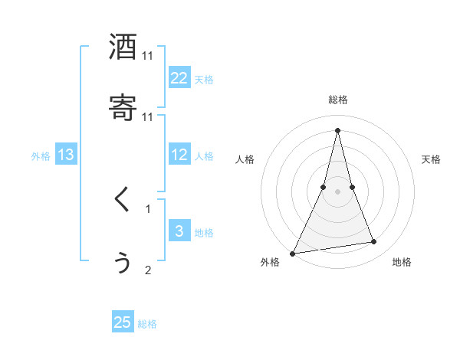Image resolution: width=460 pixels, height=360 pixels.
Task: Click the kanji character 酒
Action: pos(123,47)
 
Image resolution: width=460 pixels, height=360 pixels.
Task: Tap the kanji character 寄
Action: pos(123,108)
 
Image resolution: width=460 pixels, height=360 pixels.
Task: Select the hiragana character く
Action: pos(123,201)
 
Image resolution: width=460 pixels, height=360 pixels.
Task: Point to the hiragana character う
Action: pos(123,262)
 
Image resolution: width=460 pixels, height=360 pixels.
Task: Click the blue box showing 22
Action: pos(179,78)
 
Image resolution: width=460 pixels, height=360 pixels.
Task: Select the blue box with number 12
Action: pos(179,155)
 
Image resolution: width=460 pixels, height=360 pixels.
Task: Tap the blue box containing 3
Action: pos(179,231)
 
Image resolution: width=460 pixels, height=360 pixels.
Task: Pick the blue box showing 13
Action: pos(66,155)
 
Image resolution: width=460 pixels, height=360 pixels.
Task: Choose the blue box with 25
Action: pos(123,322)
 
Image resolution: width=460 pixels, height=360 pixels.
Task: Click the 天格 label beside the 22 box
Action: pos(204,80)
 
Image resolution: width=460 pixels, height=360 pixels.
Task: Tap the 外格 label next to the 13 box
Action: pos(41,156)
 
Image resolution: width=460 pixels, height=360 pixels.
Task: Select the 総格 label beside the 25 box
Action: pos(147,324)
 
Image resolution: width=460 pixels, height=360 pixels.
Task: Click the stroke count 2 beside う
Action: pos(148,270)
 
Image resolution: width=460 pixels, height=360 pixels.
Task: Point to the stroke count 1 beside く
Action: pos(148,208)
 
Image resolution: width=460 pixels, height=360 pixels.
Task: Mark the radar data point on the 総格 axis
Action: pos(338,129)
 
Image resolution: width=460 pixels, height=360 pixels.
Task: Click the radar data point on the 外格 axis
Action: pos(293,253)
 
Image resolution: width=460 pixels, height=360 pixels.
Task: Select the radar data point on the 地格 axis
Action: pos(374,242)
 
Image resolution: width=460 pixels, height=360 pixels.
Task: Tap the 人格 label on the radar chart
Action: pos(245,159)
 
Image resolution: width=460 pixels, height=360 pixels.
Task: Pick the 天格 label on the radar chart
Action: pos(432,159)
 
